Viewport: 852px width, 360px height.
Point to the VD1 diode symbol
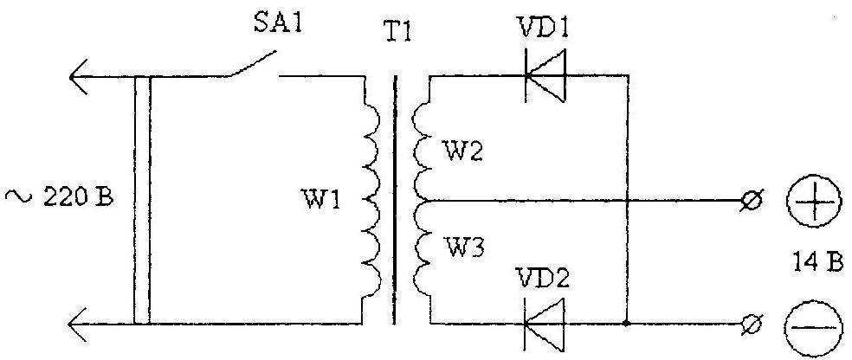click(x=545, y=75)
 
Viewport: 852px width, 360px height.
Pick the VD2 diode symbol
click(x=545, y=325)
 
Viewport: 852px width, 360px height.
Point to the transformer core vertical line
click(x=395, y=200)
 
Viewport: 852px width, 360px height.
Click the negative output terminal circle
click(x=753, y=325)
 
